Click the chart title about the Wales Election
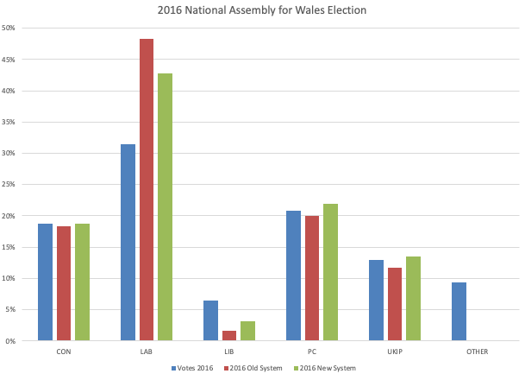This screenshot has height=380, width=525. pos(262,10)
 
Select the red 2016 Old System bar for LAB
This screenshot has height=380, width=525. pos(147,190)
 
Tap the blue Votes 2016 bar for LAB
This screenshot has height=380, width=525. pos(128,242)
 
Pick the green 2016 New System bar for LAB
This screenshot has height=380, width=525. pos(165,207)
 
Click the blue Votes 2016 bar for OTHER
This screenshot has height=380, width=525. pos(459,312)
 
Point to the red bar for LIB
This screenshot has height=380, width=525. pos(229,336)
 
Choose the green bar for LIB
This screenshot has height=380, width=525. pos(247,331)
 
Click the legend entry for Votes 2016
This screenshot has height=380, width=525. pos(193,368)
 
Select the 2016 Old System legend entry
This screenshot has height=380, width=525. pos(254,368)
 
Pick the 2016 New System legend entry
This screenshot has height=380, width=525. pos(325,368)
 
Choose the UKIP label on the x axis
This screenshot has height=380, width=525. pos(395,351)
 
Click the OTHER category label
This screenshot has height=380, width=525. pos(477,351)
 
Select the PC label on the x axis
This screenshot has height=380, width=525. pos(311,351)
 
